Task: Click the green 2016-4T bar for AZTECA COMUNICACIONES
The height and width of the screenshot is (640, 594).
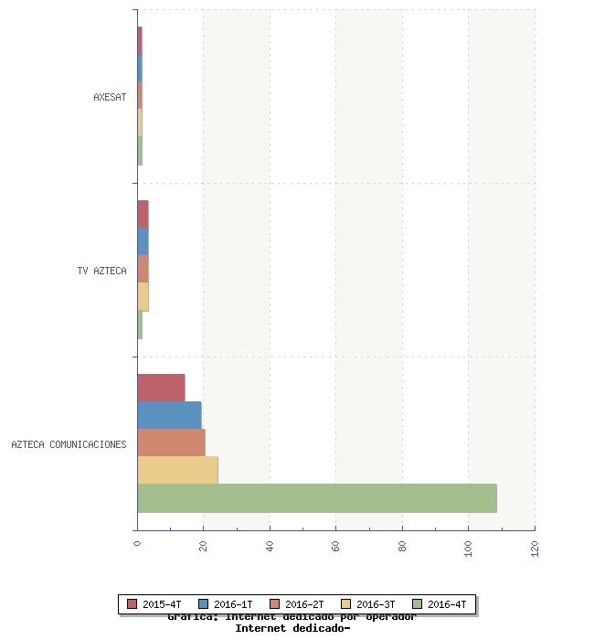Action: pos(316,498)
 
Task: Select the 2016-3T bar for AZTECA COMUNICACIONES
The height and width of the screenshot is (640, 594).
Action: pos(177,471)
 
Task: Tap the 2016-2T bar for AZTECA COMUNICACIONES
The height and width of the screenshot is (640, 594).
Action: pos(171,443)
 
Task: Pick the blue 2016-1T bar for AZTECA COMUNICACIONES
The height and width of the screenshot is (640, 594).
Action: pos(169,416)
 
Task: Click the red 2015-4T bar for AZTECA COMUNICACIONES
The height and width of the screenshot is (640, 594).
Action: pos(161,389)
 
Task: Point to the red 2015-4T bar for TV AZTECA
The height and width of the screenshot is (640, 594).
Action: pos(143,215)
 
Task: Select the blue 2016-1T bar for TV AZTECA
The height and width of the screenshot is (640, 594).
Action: pos(143,242)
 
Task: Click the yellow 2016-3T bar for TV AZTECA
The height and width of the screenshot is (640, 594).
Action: pos(143,297)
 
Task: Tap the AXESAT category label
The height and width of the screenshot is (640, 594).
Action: pos(110,97)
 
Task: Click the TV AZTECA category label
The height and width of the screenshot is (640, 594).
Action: pos(102,271)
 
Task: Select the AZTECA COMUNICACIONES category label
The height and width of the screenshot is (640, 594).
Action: pos(69,444)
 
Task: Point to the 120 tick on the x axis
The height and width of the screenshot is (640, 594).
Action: pos(535,549)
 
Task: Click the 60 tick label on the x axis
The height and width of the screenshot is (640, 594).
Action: pos(336,547)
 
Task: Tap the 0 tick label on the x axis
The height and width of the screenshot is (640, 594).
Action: pos(137,544)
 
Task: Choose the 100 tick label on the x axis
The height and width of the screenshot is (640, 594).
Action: pos(469,549)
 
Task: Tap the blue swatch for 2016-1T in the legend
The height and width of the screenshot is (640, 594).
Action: pos(203,604)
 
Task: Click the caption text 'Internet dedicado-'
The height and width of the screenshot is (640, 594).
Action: pos(292,628)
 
